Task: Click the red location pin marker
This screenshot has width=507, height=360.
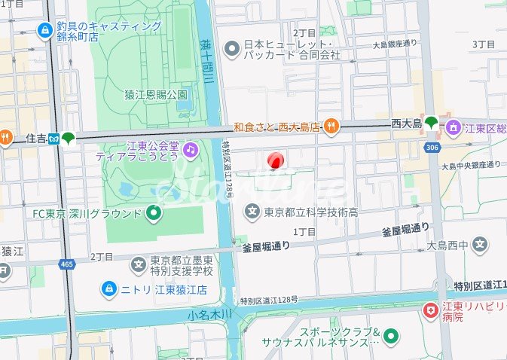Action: click(275, 160)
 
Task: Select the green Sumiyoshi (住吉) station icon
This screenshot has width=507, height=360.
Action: click(69, 138)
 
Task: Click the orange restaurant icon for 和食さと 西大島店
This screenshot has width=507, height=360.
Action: click(331, 127)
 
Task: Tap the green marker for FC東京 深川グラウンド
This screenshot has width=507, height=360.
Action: click(154, 214)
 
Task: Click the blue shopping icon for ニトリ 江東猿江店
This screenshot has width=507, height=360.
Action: click(109, 289)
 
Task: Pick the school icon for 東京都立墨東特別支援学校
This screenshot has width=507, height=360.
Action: click(139, 264)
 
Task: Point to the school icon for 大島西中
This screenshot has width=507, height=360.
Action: click(480, 245)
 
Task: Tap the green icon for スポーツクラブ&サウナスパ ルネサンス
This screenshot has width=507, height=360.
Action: click(391, 337)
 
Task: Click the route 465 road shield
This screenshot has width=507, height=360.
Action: click(66, 264)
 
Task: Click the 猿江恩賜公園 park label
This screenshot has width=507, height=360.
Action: click(155, 95)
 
